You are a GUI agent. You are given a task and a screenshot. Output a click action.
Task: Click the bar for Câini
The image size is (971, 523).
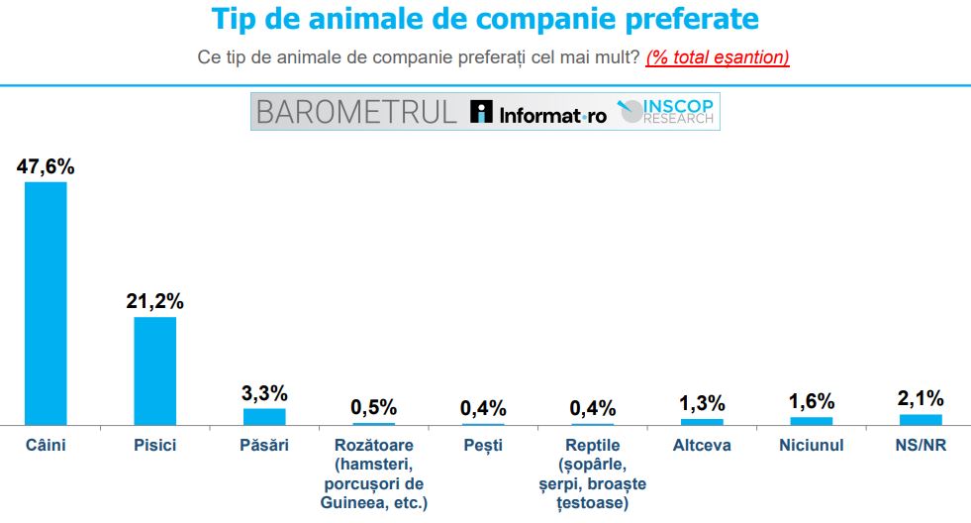pyautogui.click(x=46, y=303)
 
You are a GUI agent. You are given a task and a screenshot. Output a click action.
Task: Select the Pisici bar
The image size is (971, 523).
pyautogui.click(x=155, y=370)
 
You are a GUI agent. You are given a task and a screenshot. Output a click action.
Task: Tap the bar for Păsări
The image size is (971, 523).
pyautogui.click(x=264, y=416)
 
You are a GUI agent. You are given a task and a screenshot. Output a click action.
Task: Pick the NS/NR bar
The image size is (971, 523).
pyautogui.click(x=921, y=419)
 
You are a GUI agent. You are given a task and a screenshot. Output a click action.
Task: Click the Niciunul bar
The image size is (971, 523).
pyautogui.click(x=812, y=420)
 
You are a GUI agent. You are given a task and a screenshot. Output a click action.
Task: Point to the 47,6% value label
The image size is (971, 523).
pyautogui.click(x=46, y=166)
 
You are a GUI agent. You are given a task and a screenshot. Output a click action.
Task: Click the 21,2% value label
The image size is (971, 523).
pyautogui.click(x=155, y=301)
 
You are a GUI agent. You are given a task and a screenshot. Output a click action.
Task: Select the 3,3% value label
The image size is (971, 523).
pyautogui.click(x=264, y=392)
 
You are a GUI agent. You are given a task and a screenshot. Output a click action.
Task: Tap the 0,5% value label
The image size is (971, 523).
pyautogui.click(x=374, y=407)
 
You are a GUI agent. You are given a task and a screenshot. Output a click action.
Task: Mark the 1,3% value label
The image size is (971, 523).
pyautogui.click(x=702, y=403)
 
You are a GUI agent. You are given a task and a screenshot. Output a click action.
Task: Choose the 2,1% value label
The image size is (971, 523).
pyautogui.click(x=921, y=398)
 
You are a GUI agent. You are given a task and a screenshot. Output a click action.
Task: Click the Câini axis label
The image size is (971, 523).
pyautogui.click(x=46, y=446)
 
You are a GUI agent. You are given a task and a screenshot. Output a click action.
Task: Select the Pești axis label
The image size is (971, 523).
pyautogui.click(x=483, y=446)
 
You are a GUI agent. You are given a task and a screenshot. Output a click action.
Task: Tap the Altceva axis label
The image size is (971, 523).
pyautogui.click(x=702, y=446)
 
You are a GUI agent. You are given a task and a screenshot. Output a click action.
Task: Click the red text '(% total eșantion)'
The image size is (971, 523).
pyautogui.click(x=718, y=57)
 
